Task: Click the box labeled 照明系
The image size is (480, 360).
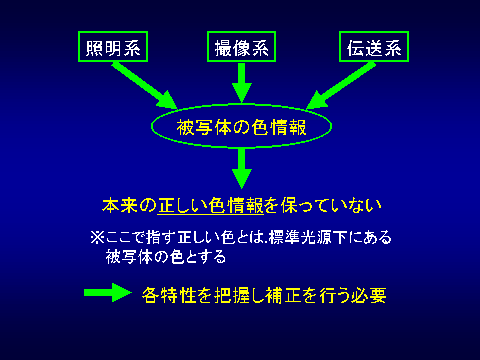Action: pos(113,48)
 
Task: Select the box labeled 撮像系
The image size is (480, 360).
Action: pos(241,48)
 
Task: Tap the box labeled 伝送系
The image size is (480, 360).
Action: pos(374,48)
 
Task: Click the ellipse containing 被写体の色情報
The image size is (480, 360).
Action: pos(241,127)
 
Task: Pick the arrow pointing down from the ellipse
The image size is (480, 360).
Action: pos(241,168)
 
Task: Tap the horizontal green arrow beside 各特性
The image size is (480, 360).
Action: pos(107,293)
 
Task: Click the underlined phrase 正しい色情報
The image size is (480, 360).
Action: pos(211,206)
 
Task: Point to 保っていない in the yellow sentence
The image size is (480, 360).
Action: pos(330,206)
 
